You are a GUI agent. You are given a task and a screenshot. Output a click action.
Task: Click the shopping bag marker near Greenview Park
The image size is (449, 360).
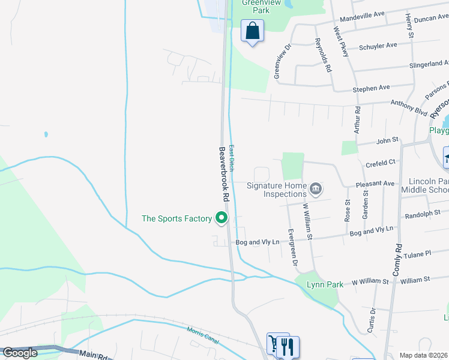click(x=253, y=30)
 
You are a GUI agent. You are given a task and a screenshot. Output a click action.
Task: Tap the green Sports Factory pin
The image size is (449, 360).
click(x=222, y=218)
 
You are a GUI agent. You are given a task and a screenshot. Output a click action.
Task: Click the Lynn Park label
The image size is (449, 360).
click(x=325, y=284)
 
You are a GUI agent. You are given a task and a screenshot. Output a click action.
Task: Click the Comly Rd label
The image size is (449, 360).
click(x=397, y=259)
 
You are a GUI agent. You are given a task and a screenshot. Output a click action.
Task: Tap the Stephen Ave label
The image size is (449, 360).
click(x=371, y=88)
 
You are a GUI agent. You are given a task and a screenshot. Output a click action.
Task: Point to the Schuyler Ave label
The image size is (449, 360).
click(x=378, y=45)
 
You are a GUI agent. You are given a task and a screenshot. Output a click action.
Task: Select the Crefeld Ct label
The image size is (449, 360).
click(x=381, y=162)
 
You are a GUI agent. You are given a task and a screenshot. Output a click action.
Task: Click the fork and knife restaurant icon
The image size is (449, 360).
click(x=288, y=346)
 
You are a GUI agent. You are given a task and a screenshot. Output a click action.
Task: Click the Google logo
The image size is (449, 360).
click(x=19, y=353)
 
